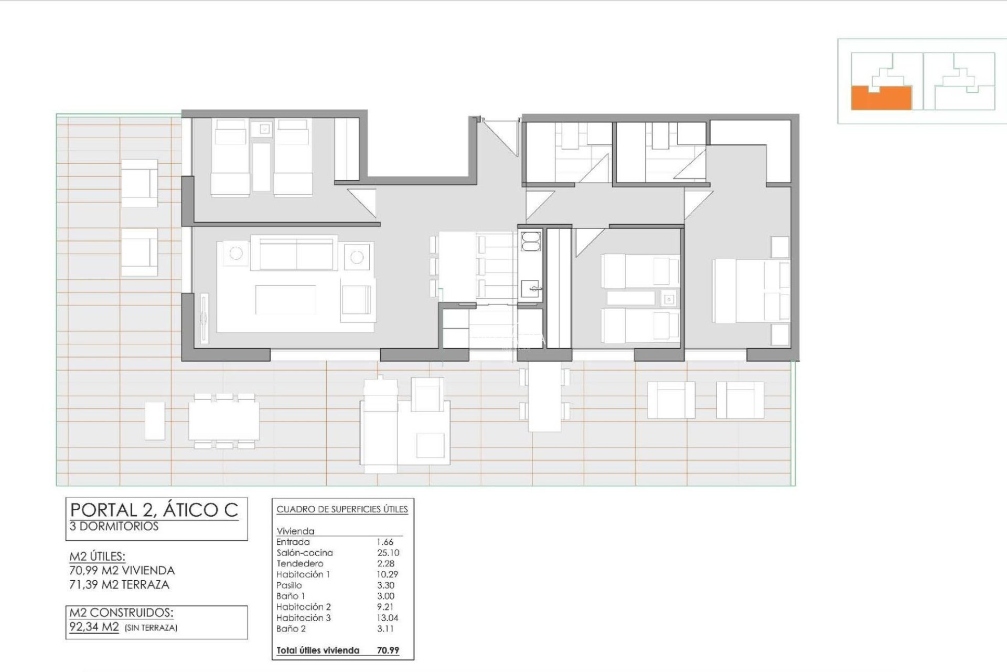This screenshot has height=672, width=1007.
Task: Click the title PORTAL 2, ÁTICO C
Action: pyautogui.click(x=154, y=510)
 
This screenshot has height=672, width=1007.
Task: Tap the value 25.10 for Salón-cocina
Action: pyautogui.click(x=388, y=553)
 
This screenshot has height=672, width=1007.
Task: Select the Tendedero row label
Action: pyautogui.click(x=299, y=563)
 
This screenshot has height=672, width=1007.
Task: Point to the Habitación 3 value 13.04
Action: pyautogui.click(x=388, y=618)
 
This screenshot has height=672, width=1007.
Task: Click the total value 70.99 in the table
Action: pyautogui.click(x=388, y=650)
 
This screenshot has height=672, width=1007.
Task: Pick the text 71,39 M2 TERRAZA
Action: pyautogui.click(x=120, y=585)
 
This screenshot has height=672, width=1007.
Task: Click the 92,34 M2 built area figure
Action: pyautogui.click(x=94, y=627)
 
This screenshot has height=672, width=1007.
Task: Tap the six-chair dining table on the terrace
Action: pyautogui.click(x=224, y=421)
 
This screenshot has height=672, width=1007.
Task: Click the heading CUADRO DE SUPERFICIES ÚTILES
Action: pyautogui.click(x=342, y=509)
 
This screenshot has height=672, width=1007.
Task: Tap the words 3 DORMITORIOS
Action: pyautogui.click(x=114, y=527)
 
